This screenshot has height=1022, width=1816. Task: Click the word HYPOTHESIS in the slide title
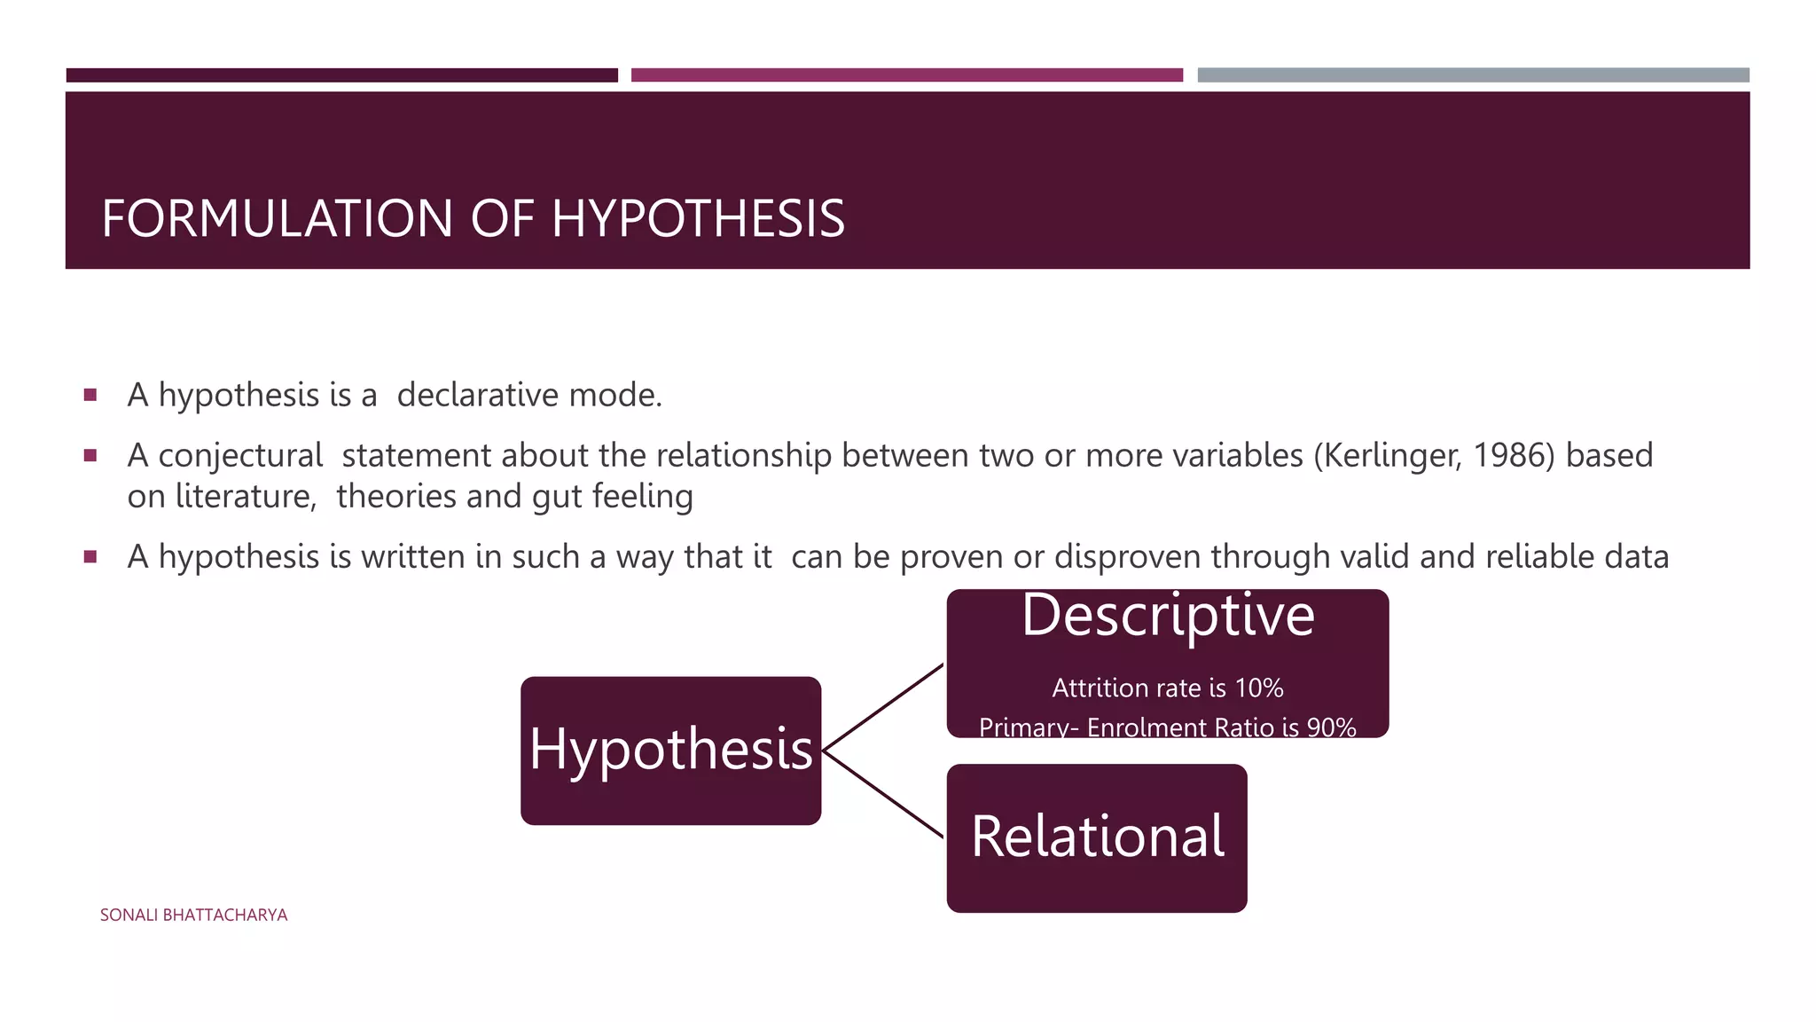point(698,218)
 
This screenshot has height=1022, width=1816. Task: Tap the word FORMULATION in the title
point(278,218)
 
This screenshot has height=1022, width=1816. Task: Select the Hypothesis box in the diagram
point(670,751)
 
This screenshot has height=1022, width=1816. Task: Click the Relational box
point(1097,837)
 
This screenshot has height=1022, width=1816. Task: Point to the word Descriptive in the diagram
point(1168,615)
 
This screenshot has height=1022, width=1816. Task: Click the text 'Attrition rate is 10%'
point(1167,688)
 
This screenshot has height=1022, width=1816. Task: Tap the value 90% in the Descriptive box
point(1331,727)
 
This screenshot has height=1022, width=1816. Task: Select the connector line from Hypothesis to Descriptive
point(883,707)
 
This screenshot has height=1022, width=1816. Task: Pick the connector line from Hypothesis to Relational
point(883,794)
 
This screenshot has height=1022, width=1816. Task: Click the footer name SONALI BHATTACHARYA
point(193,915)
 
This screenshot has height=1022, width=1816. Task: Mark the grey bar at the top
point(1473,75)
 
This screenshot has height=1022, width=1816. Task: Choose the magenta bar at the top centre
point(906,75)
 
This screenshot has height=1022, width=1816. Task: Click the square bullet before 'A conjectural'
point(90,456)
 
